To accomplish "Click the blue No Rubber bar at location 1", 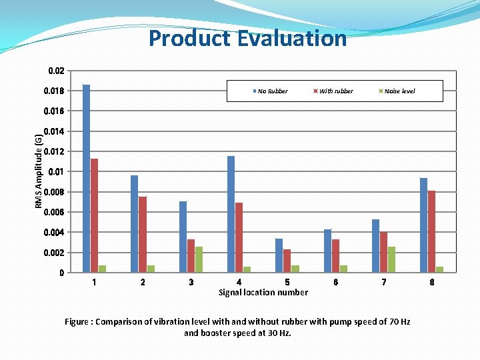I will (x=86, y=179).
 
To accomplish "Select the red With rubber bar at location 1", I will (x=94, y=215).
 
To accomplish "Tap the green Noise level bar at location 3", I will (x=199, y=259).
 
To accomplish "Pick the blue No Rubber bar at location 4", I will (x=231, y=214).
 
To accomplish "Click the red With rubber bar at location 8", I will (x=432, y=231).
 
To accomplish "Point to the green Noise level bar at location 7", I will (x=391, y=259).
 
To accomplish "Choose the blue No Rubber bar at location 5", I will (x=279, y=255).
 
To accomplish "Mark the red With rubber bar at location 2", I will (x=143, y=235).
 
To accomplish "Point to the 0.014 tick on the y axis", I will (x=53, y=131).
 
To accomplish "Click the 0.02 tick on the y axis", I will (x=56, y=71).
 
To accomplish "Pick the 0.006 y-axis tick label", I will (x=53, y=212).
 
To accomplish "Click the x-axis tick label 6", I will (x=335, y=282).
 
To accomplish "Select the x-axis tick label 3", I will (x=191, y=282).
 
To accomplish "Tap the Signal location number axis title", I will (x=263, y=292).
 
